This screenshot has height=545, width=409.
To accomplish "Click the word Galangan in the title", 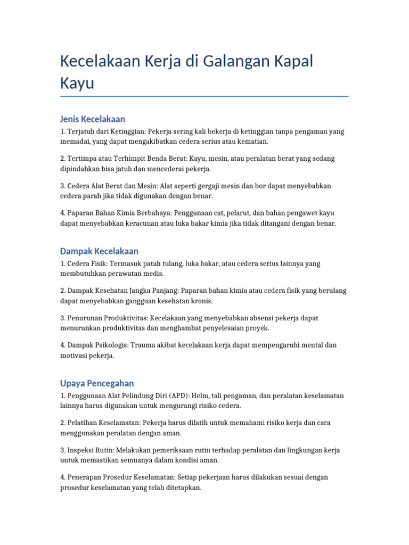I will coord(237,61).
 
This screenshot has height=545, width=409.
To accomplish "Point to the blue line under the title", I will coord(204,96).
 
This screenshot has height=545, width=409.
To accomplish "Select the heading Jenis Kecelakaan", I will coord(93,119).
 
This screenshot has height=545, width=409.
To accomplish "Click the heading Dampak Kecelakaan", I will coord(99,251).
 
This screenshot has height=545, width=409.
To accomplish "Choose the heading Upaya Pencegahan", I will coord(97,383).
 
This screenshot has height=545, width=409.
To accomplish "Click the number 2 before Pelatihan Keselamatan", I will coord(62,423).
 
